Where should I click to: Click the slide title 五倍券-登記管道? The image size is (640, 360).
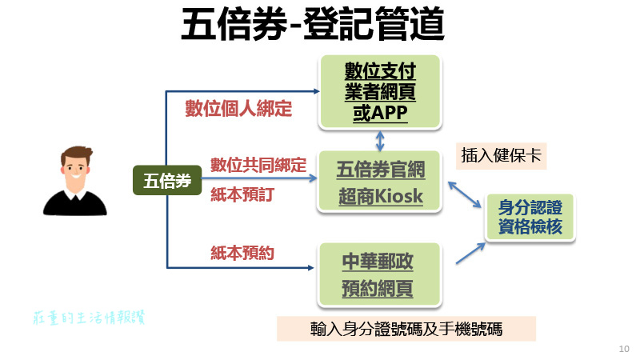[x=313, y=26]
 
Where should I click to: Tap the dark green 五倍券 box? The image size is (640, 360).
[x=166, y=181]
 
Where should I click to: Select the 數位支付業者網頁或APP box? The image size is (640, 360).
[x=380, y=92]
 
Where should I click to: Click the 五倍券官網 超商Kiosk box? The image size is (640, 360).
[x=380, y=182]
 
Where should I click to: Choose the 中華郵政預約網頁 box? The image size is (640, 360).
[x=380, y=274]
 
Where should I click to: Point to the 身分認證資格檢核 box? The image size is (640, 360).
[x=530, y=216]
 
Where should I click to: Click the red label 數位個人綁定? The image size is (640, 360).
[x=238, y=108]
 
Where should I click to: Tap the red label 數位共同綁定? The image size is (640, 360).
[x=258, y=166]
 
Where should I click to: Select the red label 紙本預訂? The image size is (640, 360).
[x=242, y=194]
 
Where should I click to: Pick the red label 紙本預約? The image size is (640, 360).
[x=242, y=253]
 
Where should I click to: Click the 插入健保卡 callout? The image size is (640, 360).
[x=502, y=155]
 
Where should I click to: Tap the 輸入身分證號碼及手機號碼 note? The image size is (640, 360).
[x=406, y=330]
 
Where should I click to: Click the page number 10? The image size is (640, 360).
[x=624, y=349]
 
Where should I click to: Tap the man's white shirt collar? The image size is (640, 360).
[x=74, y=195]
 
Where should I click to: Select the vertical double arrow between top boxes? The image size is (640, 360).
[x=380, y=141]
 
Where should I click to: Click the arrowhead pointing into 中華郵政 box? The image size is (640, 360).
[x=313, y=268]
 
